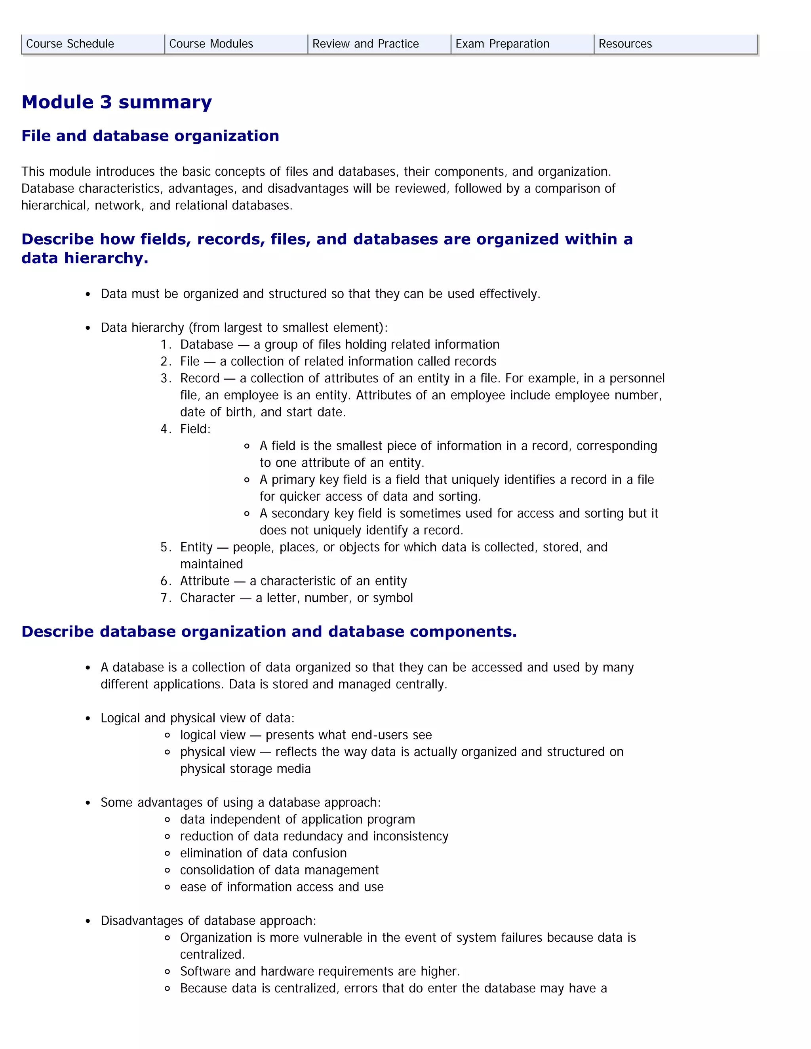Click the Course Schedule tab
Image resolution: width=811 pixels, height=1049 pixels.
(x=70, y=44)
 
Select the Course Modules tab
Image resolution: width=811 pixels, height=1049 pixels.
(x=211, y=44)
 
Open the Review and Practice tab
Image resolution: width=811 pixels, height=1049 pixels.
(x=365, y=44)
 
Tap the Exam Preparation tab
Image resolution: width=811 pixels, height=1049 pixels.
(x=502, y=44)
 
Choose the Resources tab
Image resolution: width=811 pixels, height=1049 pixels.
(x=625, y=44)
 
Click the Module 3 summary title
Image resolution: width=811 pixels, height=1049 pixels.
(x=117, y=102)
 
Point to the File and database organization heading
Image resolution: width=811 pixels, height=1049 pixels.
(x=150, y=136)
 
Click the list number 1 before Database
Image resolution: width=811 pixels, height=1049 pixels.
(x=164, y=344)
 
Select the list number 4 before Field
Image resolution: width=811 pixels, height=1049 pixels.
(x=164, y=429)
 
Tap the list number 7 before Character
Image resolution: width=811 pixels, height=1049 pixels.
(x=164, y=598)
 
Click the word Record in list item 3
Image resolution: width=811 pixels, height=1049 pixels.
(x=200, y=378)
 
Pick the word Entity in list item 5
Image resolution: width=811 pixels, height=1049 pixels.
(x=196, y=547)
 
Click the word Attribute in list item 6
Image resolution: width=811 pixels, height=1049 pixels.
(x=205, y=581)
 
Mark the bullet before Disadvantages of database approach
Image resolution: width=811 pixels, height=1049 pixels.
(x=88, y=921)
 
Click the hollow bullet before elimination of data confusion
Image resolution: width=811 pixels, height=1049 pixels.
(x=167, y=853)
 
